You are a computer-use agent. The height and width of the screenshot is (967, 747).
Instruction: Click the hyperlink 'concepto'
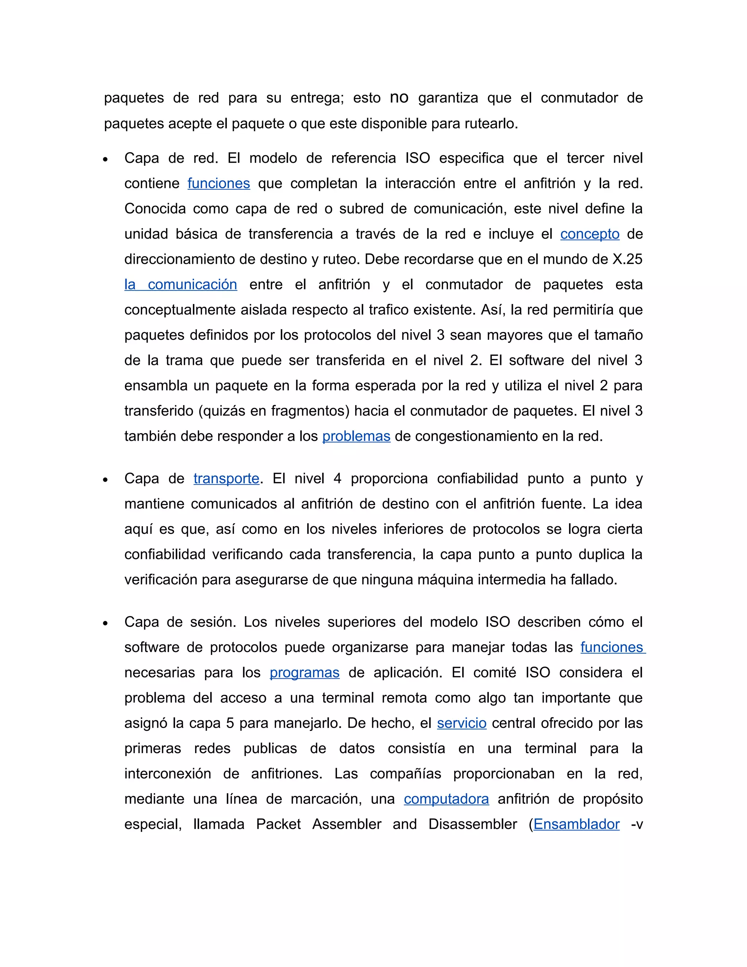tap(589, 234)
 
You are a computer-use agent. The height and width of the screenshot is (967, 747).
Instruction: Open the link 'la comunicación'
tap(181, 284)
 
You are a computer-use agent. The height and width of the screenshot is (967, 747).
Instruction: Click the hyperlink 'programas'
tap(305, 673)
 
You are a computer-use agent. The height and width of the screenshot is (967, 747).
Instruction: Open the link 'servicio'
tap(461, 723)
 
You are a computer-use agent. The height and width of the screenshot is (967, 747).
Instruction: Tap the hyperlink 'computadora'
tap(446, 799)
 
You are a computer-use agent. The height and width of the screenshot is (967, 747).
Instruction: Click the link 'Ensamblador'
tap(576, 824)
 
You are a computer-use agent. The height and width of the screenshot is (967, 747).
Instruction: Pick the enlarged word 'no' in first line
tap(399, 97)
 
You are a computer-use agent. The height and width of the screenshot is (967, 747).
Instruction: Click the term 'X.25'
tap(627, 259)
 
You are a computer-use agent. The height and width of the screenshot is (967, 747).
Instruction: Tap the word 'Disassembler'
tap(473, 824)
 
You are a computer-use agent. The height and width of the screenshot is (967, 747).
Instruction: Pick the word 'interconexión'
tap(167, 774)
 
